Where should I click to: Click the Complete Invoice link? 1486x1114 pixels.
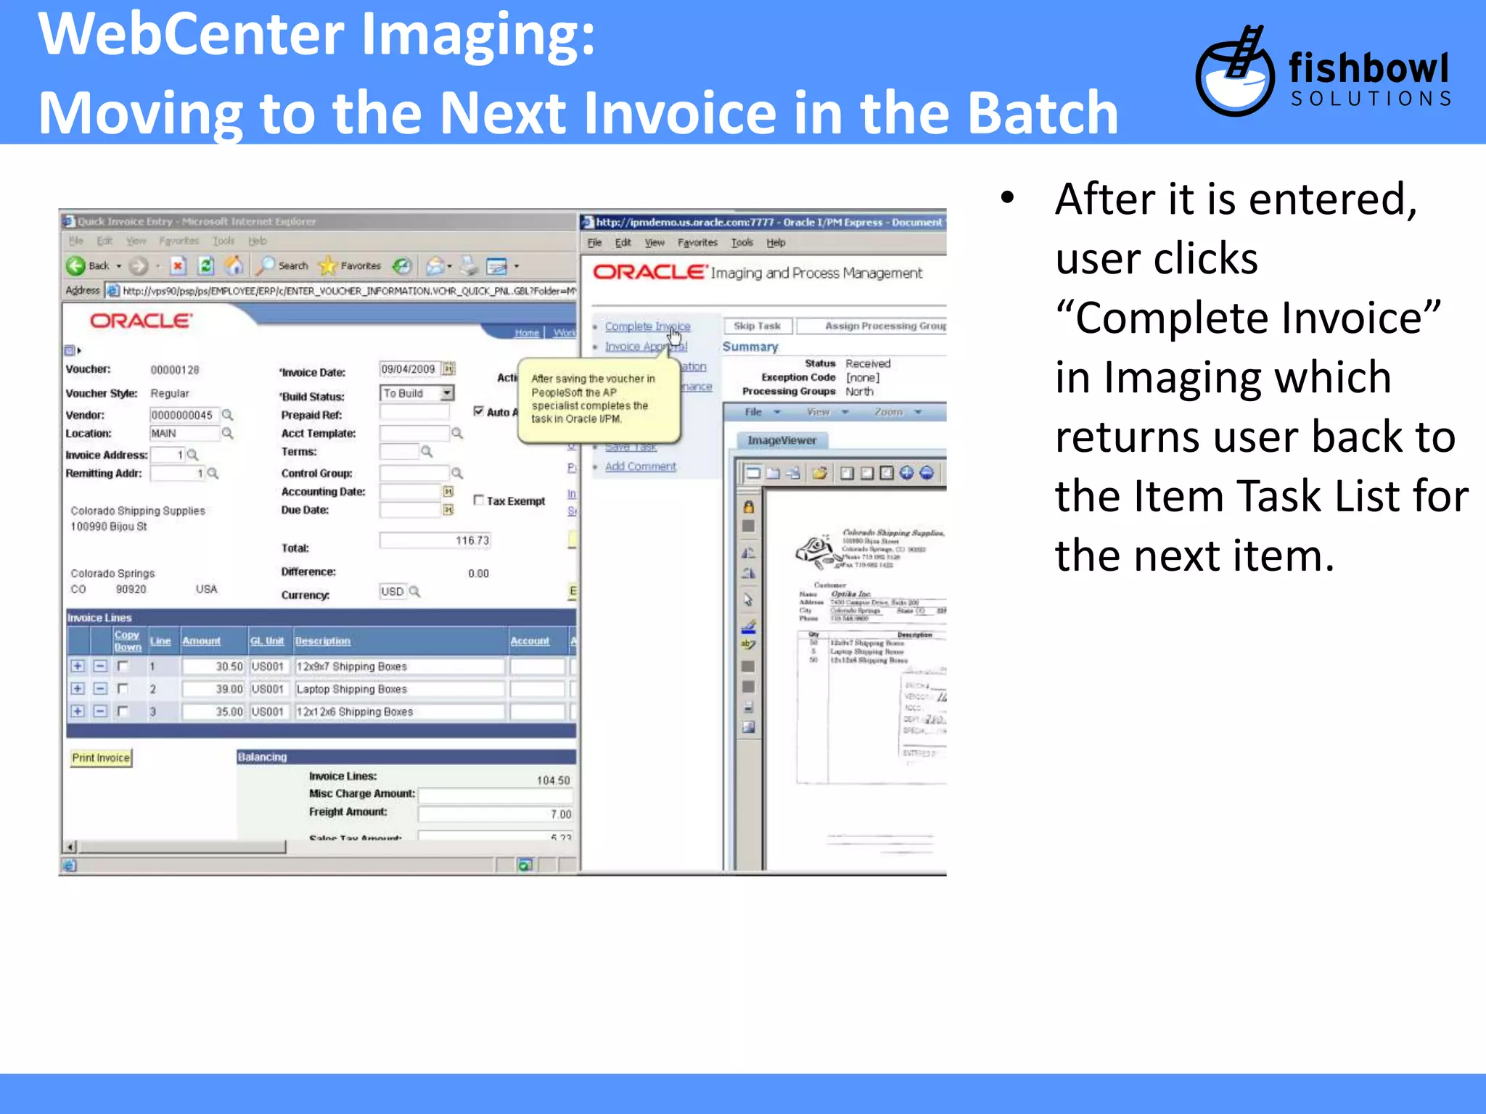[x=647, y=327]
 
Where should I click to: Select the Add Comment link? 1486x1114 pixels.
[x=640, y=466]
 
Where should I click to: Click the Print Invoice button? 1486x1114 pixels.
[x=101, y=758]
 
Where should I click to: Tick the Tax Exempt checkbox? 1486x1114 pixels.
[x=479, y=500]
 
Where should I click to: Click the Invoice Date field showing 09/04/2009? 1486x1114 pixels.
[x=409, y=369]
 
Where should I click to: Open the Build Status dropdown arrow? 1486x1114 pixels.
[x=447, y=393]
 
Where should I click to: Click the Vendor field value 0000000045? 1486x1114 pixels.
[x=183, y=415]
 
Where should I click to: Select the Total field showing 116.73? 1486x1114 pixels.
[x=435, y=540]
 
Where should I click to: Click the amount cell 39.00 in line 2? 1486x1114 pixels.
[x=214, y=689]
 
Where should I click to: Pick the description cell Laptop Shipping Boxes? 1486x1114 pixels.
[x=399, y=689]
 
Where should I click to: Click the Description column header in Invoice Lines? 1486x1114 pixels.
[x=323, y=641]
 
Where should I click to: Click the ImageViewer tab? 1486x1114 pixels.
[x=781, y=440]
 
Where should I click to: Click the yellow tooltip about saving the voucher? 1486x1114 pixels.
[x=599, y=400]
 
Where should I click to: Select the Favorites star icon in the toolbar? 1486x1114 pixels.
[x=329, y=266]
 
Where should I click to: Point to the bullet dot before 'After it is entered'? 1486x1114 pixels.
[x=1007, y=197]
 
